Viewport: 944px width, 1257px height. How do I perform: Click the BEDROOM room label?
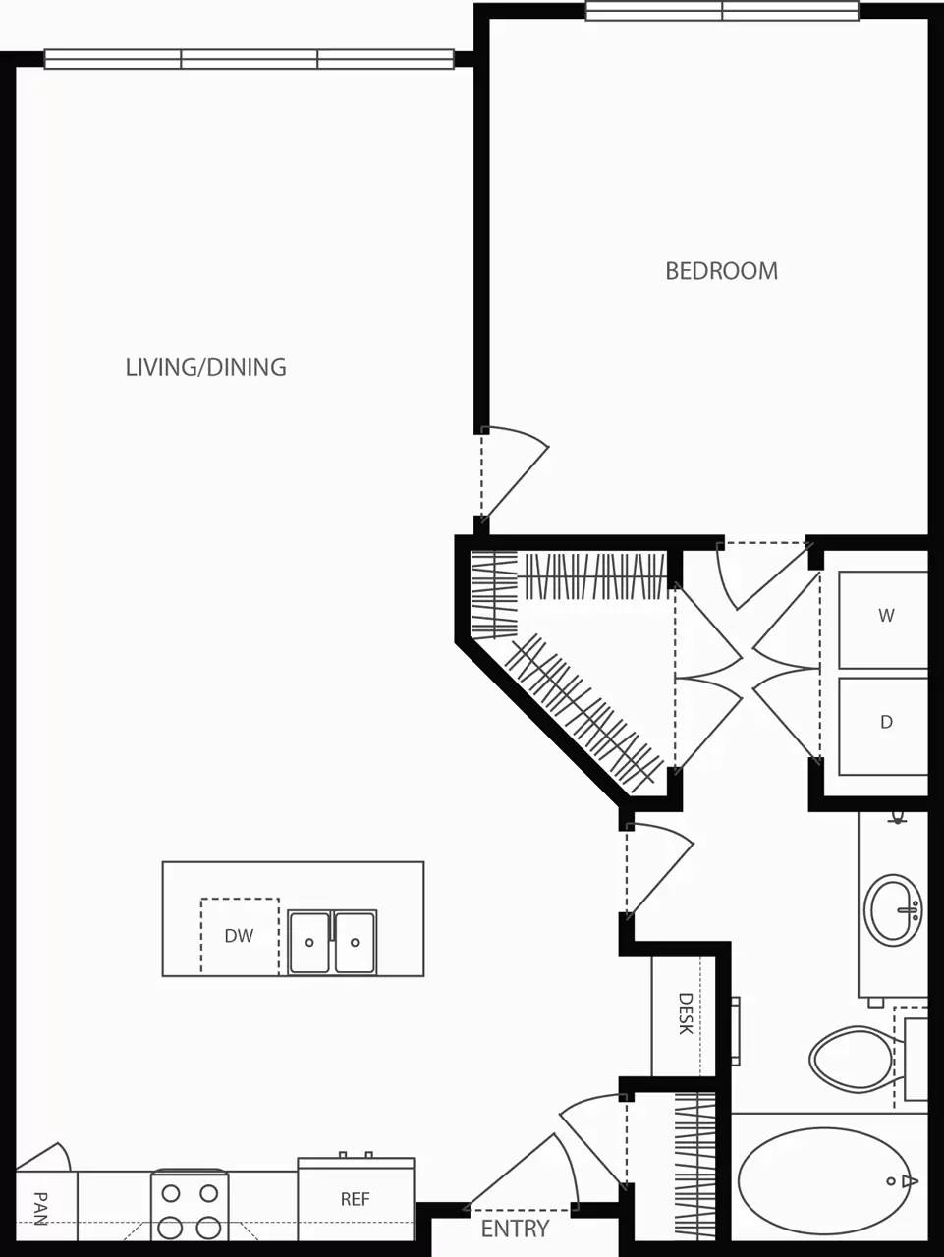point(721,270)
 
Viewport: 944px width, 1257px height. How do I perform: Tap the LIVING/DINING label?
point(205,367)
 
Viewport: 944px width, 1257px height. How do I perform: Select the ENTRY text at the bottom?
point(515,1229)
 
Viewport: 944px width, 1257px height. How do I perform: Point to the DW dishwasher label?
point(239,936)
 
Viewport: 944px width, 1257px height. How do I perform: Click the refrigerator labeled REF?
point(355,1199)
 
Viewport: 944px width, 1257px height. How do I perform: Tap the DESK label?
point(686,1013)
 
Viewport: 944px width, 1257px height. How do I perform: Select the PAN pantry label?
point(40,1208)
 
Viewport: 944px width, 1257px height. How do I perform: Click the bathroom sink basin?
point(892,910)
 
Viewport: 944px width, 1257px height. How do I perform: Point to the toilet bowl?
point(851,1059)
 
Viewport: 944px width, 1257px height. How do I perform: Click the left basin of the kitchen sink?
point(309,943)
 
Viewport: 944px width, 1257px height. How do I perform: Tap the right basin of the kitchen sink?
point(355,943)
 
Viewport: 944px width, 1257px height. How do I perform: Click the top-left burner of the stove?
point(171,1194)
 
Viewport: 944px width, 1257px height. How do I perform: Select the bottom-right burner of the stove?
point(208,1228)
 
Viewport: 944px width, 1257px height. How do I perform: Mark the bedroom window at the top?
point(722,11)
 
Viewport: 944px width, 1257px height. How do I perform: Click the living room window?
point(250,59)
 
